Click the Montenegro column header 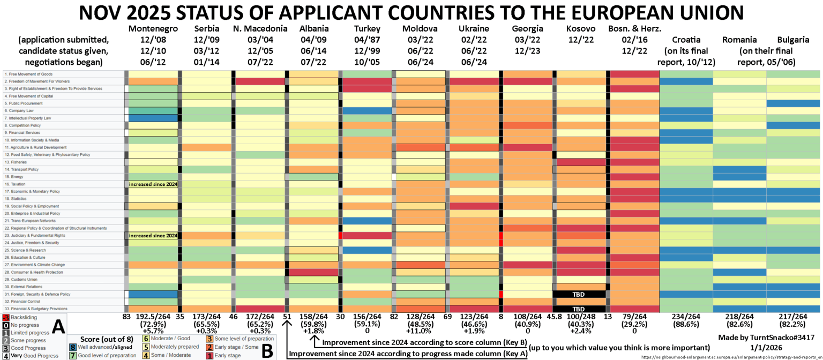click(151, 28)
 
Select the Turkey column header click(368, 28)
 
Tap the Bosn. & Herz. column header click(634, 28)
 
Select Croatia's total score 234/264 click(686, 317)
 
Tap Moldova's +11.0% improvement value click(420, 332)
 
